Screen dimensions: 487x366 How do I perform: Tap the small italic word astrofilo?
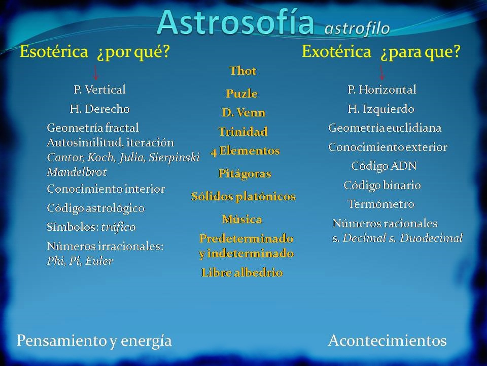[357, 28]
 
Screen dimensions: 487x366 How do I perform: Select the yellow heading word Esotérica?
[54, 51]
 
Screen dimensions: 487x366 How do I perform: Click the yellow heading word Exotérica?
[336, 51]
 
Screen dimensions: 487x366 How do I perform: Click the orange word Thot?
[243, 71]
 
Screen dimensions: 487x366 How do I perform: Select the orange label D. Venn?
[243, 112]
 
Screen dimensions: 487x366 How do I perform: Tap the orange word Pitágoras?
[245, 174]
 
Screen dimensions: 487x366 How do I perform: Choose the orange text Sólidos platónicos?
[243, 196]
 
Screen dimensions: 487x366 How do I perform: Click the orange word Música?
[242, 219]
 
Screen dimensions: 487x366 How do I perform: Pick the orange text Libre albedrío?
[242, 272]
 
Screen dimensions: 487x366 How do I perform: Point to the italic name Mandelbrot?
[77, 172]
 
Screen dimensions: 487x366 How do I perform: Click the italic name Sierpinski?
[174, 158]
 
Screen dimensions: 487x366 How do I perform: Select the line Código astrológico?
[96, 208]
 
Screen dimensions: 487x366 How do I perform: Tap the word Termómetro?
[381, 204]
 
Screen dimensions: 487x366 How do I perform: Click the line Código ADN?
[384, 166]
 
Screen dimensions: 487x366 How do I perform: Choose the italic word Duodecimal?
[431, 238]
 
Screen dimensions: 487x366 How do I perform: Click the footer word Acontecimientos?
[387, 341]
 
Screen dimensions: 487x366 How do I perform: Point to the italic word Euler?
[99, 261]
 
